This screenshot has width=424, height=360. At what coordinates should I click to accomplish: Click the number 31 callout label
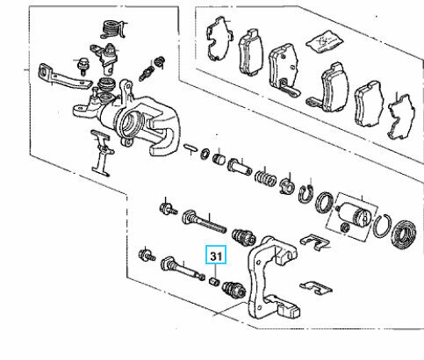point(216,256)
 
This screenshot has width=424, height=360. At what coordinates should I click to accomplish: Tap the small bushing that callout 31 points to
point(214,282)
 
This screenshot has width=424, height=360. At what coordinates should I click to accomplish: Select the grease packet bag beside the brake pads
point(324,41)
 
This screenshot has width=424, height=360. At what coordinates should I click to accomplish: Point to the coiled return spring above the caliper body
point(112,29)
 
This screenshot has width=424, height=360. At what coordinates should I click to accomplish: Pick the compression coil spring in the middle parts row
point(265,176)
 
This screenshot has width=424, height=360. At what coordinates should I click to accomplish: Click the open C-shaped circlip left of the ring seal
point(305,194)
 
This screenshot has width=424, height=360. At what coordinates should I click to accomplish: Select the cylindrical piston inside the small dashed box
point(354,214)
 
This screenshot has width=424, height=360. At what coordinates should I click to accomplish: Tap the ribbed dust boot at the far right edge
point(403,234)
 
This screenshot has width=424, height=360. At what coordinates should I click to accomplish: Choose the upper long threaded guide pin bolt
point(204,222)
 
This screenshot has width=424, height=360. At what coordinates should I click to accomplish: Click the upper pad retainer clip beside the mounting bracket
point(315,242)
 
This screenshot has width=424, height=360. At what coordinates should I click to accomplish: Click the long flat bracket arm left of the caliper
point(64,76)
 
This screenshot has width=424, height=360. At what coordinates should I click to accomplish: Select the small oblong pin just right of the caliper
point(190,148)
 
